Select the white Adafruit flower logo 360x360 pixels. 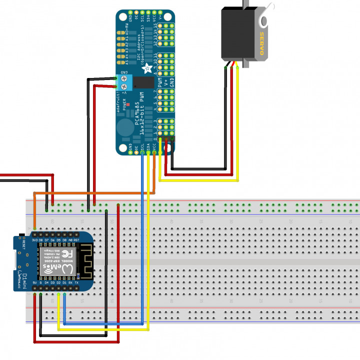click(147, 68)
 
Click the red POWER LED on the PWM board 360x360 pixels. click(129, 104)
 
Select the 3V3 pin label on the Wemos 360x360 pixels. click(34, 240)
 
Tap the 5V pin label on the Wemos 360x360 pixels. click(34, 282)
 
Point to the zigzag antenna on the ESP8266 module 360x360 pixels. click(85, 260)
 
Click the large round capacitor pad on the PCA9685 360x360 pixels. click(125, 122)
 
